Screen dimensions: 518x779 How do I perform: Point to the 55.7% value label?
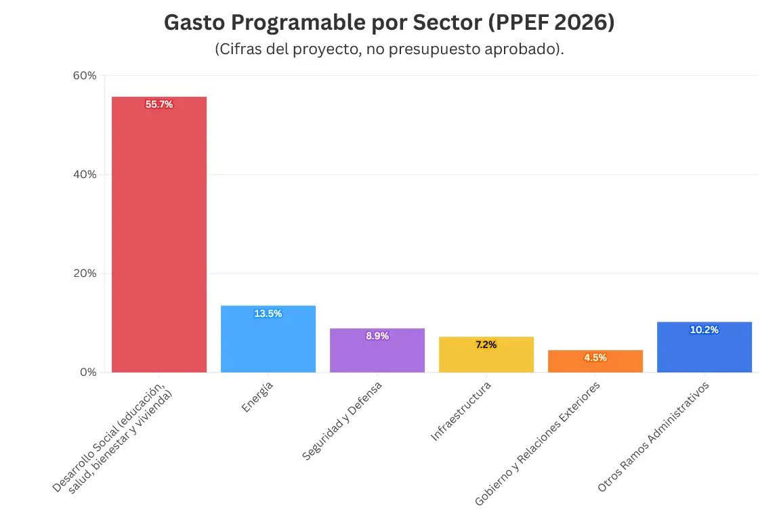tap(159, 104)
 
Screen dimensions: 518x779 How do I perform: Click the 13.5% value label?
tap(268, 314)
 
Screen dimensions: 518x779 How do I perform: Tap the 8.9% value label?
tap(377, 336)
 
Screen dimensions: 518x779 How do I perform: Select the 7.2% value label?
tap(486, 345)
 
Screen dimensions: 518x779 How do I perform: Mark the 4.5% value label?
tap(595, 358)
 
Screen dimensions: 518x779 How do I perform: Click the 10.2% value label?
tap(704, 330)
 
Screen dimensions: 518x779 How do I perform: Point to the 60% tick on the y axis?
tap(85, 75)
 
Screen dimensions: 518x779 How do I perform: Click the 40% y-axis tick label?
tap(85, 174)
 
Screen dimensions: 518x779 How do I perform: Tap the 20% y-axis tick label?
tap(85, 274)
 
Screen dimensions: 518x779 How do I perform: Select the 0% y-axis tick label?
tap(88, 372)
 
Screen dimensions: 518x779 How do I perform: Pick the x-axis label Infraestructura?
tap(461, 411)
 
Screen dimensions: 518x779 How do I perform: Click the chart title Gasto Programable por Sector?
tap(389, 22)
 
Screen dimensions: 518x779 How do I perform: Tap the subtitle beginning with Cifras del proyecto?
tap(389, 49)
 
